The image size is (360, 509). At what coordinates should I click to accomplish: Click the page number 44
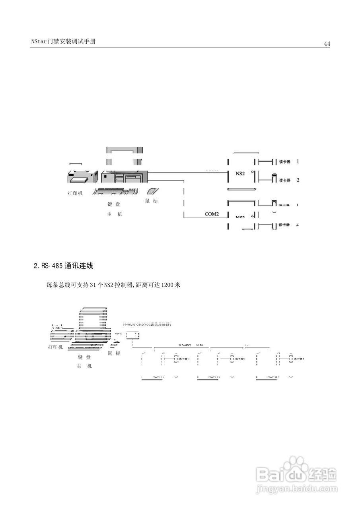click(327, 44)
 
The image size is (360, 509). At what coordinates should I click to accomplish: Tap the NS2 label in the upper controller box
click(240, 173)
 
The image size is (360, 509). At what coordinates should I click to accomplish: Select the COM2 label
click(212, 214)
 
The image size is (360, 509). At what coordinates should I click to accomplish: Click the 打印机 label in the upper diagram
click(75, 194)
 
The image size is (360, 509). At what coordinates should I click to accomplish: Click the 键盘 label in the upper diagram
click(114, 204)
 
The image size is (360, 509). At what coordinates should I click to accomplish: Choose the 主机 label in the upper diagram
click(114, 214)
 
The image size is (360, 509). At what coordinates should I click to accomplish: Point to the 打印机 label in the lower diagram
click(55, 347)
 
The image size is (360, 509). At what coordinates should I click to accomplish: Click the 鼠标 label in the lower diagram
click(114, 353)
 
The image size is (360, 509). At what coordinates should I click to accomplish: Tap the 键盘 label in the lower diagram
click(84, 357)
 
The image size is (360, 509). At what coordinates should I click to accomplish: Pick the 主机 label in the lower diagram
click(84, 366)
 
